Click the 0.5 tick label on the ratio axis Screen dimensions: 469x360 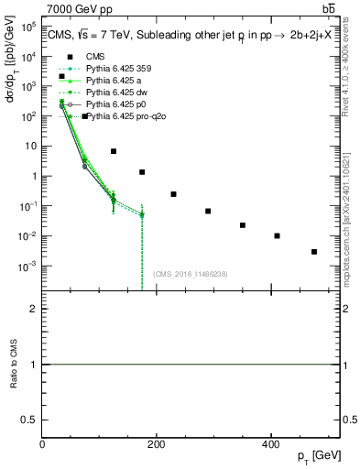tap(29, 420)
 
